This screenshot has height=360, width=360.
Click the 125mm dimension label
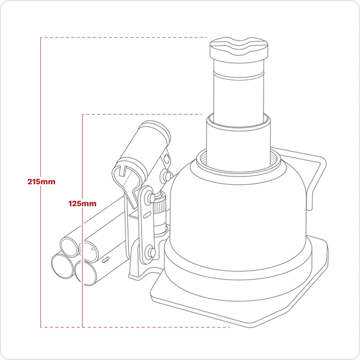82,203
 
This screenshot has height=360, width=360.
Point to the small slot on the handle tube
105,259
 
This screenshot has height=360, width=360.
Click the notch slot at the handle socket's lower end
122,174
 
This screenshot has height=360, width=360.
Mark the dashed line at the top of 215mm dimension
118,38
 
